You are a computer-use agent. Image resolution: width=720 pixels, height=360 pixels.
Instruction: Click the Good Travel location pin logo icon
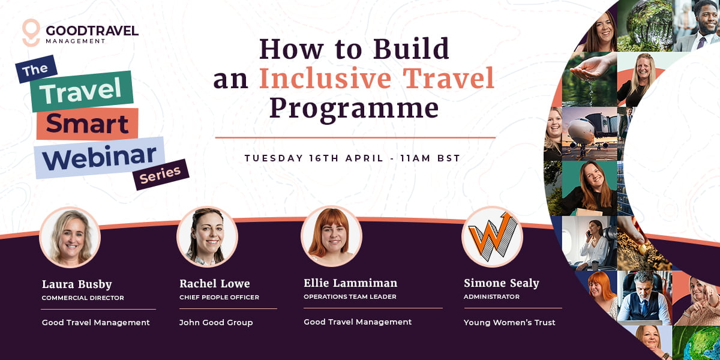pyautogui.click(x=31, y=32)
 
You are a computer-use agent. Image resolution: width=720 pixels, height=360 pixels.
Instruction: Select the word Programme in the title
pyautogui.click(x=353, y=109)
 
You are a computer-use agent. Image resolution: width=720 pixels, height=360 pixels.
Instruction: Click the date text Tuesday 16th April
pyautogui.click(x=314, y=158)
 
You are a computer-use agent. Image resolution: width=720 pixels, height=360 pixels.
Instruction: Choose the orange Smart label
pyautogui.click(x=87, y=124)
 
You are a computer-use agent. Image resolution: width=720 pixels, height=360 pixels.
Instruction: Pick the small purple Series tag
pyautogui.click(x=160, y=174)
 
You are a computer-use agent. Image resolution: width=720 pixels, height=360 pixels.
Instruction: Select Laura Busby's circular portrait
pyautogui.click(x=70, y=238)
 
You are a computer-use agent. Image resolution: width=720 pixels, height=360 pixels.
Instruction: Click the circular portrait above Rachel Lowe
pyautogui.click(x=207, y=237)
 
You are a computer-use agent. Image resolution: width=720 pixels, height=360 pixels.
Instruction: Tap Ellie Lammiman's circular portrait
pyautogui.click(x=331, y=236)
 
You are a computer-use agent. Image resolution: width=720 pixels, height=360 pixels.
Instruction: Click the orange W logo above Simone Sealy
pyautogui.click(x=492, y=236)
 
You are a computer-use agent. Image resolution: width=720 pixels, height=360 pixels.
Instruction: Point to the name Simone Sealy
pyautogui.click(x=501, y=283)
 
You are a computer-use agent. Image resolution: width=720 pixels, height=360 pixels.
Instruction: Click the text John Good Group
pyautogui.click(x=216, y=323)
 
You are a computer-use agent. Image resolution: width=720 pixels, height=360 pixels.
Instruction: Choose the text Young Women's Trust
pyautogui.click(x=509, y=323)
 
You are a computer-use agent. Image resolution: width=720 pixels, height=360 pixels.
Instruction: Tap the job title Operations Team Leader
pyautogui.click(x=350, y=296)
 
